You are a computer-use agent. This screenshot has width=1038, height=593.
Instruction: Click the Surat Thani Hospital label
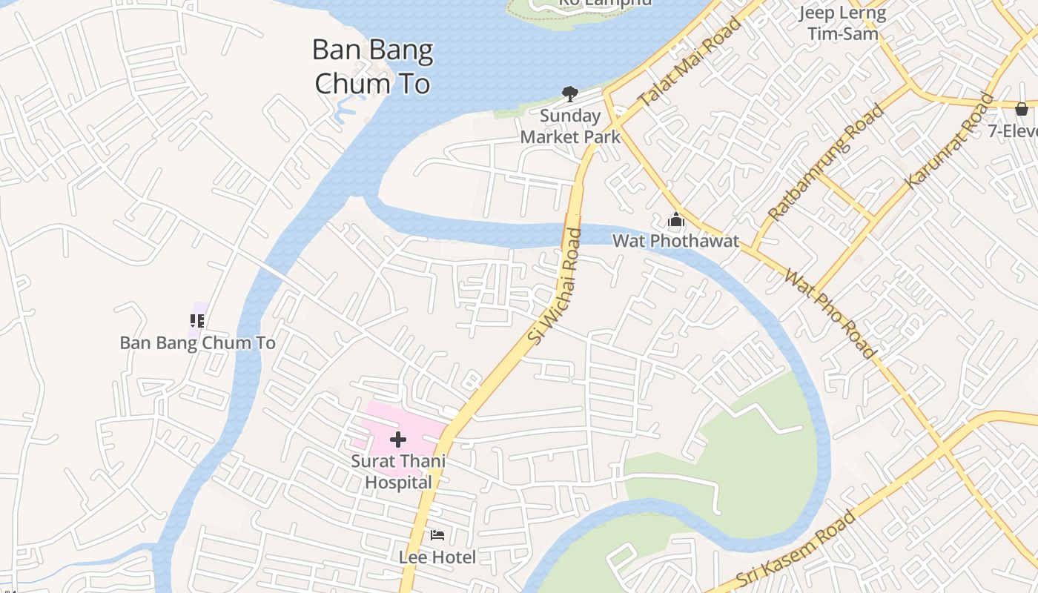(398, 471)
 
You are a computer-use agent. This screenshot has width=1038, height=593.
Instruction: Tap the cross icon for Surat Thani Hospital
(398, 440)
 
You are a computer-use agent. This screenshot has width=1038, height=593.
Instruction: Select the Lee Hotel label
(437, 557)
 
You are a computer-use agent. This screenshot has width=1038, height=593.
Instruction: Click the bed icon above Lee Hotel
(437, 535)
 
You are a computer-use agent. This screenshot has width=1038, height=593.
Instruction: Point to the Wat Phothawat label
(675, 241)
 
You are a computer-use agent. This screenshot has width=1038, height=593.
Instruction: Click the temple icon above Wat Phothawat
(675, 220)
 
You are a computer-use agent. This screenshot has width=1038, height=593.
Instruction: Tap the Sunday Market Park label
(570, 126)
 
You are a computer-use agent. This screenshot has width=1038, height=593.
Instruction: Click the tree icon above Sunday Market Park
(569, 94)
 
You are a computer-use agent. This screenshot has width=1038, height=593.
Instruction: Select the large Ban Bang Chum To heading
(372, 67)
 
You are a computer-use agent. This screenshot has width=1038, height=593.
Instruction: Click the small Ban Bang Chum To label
(198, 343)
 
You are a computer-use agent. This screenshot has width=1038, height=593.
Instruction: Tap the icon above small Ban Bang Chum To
(197, 321)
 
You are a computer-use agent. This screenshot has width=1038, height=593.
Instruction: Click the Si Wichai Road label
(555, 285)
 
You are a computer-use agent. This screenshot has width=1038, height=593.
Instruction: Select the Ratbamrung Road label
(827, 162)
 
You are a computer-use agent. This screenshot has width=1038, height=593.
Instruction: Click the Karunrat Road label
(950, 140)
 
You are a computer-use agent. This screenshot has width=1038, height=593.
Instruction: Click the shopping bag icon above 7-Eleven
(1022, 109)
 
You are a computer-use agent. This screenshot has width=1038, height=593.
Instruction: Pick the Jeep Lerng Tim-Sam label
(843, 23)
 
